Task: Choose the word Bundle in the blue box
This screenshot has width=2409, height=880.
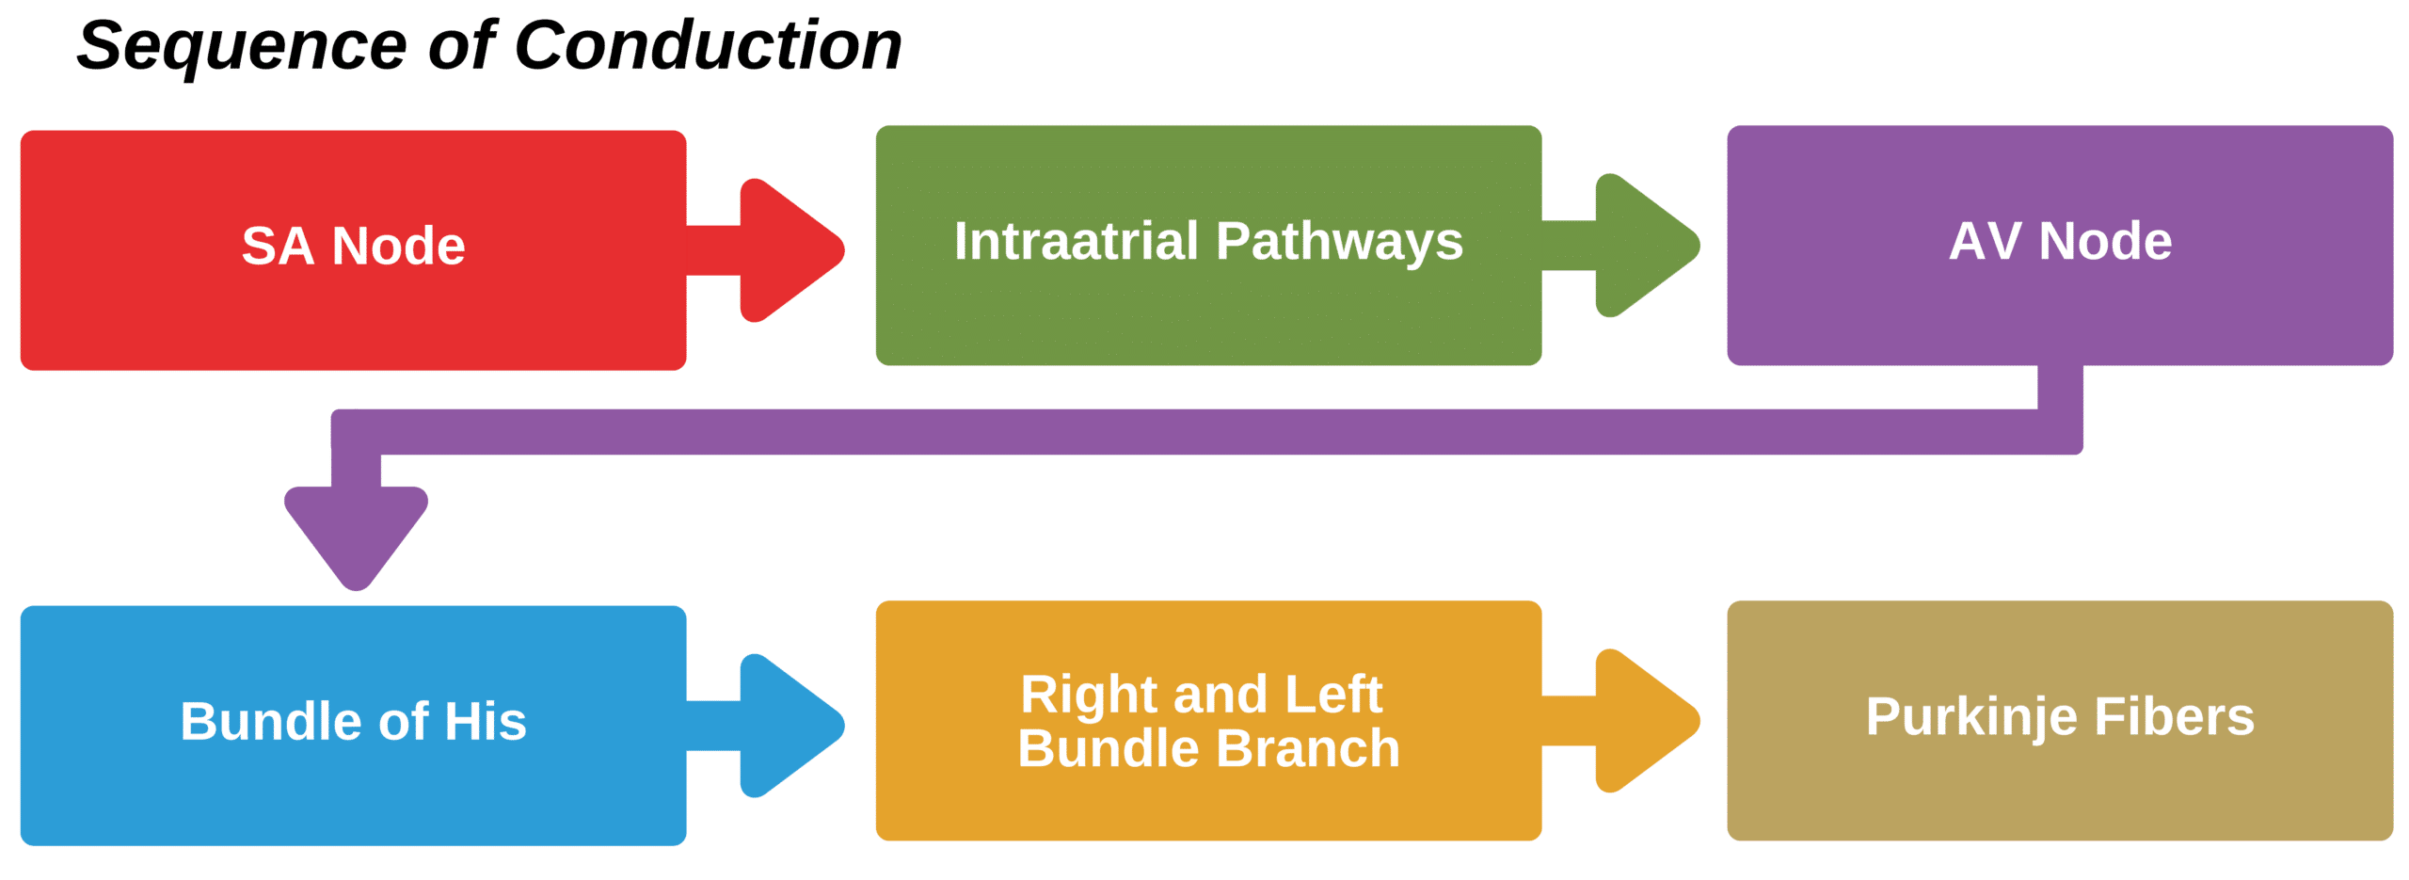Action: tap(270, 721)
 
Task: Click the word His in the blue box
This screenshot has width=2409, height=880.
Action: tap(485, 721)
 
